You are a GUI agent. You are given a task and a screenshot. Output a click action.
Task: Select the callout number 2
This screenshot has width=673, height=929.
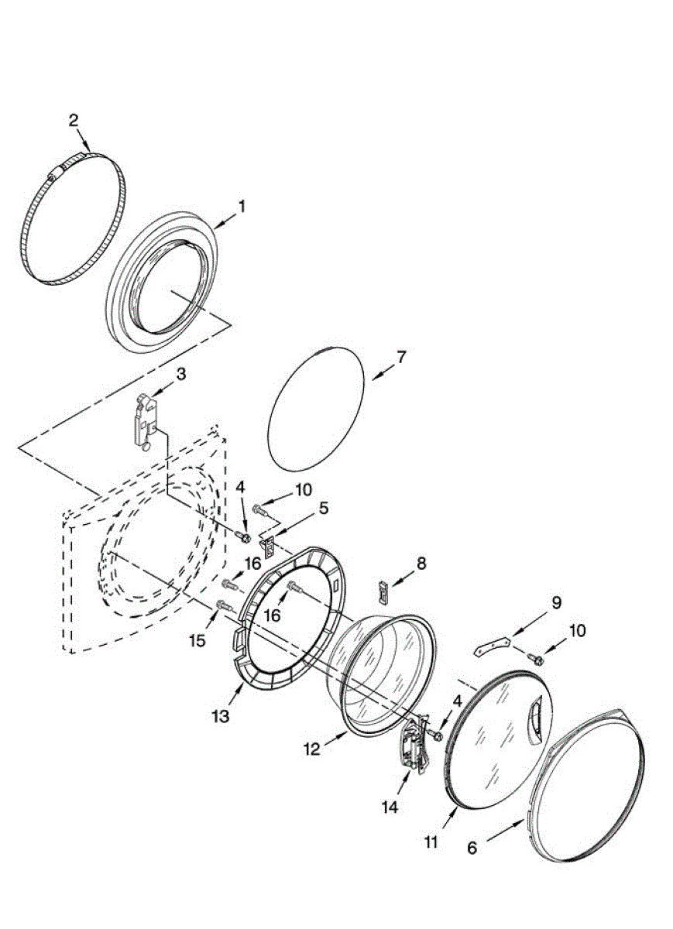[74, 120]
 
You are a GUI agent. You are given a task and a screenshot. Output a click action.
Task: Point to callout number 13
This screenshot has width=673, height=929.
[221, 716]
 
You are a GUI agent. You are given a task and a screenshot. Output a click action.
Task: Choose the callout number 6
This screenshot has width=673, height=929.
[472, 848]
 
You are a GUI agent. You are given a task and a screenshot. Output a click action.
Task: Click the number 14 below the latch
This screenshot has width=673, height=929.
[389, 807]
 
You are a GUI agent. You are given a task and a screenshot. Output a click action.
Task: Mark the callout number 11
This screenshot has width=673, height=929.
[431, 841]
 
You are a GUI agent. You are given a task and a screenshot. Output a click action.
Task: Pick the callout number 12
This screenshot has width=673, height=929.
[311, 749]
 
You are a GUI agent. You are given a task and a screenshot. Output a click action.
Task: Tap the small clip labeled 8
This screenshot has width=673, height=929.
[383, 591]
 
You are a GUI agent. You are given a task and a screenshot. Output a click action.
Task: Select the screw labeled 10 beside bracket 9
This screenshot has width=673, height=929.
[534, 658]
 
